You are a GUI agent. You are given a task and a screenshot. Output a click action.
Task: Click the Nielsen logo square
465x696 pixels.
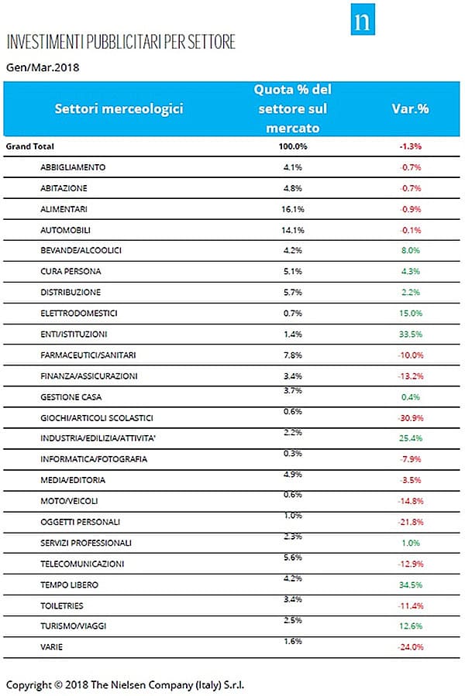pyautogui.click(x=362, y=19)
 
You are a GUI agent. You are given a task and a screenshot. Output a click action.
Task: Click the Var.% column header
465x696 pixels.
pyautogui.click(x=410, y=108)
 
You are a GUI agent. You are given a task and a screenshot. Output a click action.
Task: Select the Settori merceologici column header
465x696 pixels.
pyautogui.click(x=119, y=108)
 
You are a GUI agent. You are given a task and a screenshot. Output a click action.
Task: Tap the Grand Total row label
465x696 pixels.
pyautogui.click(x=29, y=146)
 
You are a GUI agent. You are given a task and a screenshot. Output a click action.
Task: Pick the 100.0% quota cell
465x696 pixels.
pyautogui.click(x=292, y=146)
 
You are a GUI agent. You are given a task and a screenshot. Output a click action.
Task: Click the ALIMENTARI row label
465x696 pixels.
pyautogui.click(x=64, y=209)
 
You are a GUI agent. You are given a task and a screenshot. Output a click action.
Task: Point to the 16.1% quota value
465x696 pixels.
pyautogui.click(x=292, y=209)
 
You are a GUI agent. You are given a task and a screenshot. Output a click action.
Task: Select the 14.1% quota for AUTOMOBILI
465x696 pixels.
pyautogui.click(x=292, y=230)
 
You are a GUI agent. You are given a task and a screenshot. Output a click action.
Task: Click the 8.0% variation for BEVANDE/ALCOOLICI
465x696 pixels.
pyautogui.click(x=410, y=250)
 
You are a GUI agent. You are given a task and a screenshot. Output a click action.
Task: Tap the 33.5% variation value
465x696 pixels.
pyautogui.click(x=410, y=334)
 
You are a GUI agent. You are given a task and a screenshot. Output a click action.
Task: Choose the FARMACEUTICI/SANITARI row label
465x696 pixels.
pyautogui.click(x=88, y=355)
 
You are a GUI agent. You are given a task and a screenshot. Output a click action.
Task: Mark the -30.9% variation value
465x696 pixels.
pyautogui.click(x=410, y=418)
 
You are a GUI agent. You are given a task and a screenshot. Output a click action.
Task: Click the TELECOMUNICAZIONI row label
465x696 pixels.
pyautogui.click(x=82, y=564)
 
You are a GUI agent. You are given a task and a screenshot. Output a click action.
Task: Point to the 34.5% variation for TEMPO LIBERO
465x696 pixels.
pyautogui.click(x=410, y=585)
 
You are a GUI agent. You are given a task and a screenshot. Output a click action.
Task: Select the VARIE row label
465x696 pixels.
pyautogui.click(x=52, y=647)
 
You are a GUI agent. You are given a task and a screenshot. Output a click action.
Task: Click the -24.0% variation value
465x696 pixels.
pyautogui.click(x=410, y=647)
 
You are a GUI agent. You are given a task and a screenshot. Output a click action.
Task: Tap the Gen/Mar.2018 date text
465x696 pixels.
pyautogui.click(x=43, y=67)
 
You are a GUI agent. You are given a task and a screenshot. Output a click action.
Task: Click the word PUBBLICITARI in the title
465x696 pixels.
pyautogui.click(x=124, y=42)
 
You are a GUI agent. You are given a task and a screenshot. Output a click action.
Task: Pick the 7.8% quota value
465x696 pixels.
pyautogui.click(x=292, y=355)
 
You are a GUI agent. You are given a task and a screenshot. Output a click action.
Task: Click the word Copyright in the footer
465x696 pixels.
pyautogui.click(x=29, y=685)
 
